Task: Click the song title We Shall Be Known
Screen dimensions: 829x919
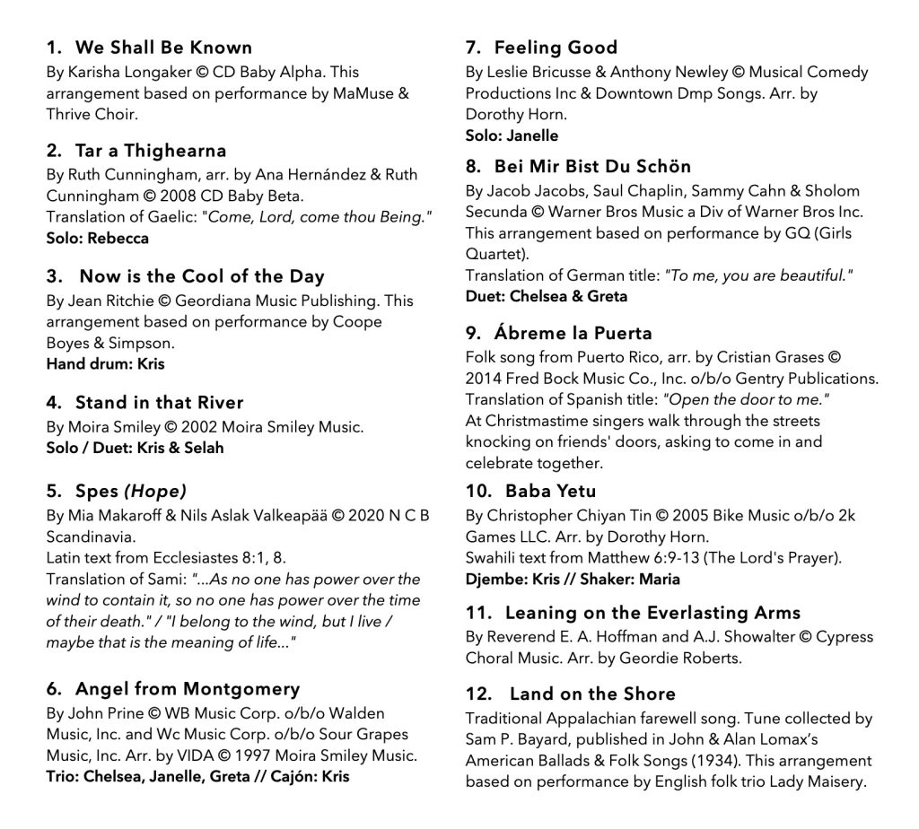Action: (163, 48)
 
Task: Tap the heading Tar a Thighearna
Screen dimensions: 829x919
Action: (151, 151)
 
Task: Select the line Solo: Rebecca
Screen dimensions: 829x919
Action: (98, 239)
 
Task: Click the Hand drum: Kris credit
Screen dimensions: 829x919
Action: (106, 364)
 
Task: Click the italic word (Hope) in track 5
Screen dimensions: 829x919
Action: (155, 492)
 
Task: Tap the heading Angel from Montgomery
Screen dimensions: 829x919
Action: (187, 689)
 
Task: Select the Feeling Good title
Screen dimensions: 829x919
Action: (556, 48)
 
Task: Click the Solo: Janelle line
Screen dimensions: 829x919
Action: (512, 135)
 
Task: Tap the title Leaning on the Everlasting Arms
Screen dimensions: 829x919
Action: (652, 614)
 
